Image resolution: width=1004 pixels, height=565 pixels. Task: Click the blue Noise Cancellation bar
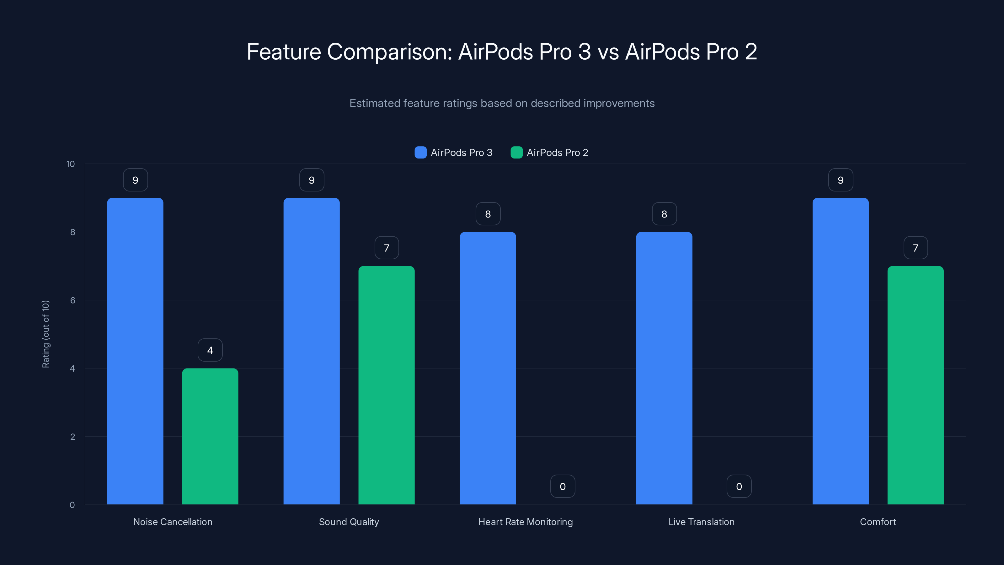135,351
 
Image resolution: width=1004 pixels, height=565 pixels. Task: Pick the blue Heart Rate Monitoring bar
488,368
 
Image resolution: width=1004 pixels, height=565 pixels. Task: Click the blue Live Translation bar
664,368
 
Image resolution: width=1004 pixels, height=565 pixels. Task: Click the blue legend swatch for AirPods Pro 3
420,153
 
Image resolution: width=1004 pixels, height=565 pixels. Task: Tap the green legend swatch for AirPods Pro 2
516,153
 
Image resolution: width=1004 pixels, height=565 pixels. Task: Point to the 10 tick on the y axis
71,164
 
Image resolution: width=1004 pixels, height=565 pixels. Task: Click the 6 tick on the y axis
72,300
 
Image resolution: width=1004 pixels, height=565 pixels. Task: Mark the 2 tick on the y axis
72,437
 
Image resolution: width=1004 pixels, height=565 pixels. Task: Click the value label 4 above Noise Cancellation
210,350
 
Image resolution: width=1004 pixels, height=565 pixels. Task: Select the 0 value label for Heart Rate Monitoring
563,486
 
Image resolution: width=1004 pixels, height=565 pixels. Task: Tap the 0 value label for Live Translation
739,486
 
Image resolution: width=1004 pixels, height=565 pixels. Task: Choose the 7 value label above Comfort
916,248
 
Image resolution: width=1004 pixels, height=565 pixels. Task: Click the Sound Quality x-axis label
349,522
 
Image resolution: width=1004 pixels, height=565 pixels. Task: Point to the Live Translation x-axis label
701,522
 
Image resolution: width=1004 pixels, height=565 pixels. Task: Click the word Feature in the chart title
284,51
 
